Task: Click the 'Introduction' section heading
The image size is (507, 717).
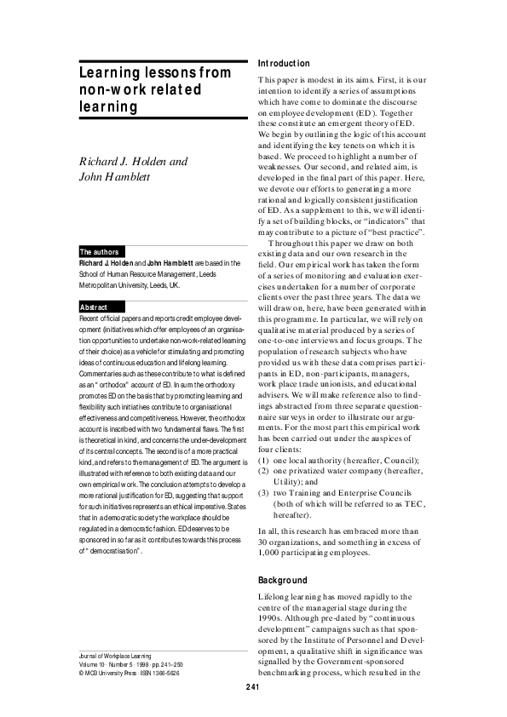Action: (284, 64)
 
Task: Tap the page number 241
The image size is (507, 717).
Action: (253, 687)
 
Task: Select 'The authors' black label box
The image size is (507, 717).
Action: (99, 252)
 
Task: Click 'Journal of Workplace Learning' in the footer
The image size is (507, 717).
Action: (114, 657)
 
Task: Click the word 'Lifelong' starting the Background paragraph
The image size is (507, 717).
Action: (275, 599)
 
